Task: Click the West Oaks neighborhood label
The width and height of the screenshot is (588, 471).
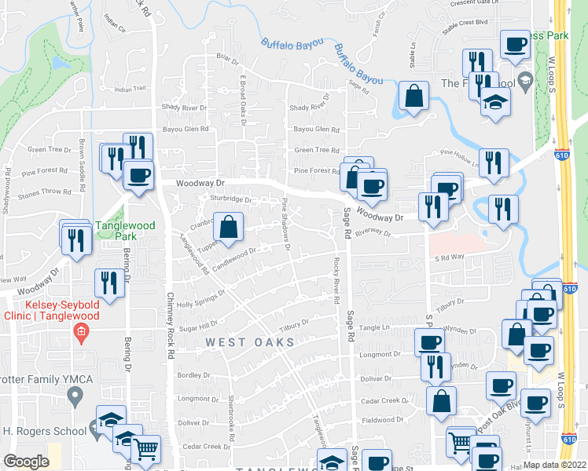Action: click(x=250, y=343)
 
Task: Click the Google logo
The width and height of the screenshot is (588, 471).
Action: click(x=26, y=462)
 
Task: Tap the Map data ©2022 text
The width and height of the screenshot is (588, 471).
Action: click(x=554, y=465)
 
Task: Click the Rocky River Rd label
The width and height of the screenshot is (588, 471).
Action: click(x=336, y=279)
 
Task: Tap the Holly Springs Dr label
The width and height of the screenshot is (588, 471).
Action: click(x=200, y=298)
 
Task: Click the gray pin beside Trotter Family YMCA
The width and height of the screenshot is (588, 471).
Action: click(x=75, y=398)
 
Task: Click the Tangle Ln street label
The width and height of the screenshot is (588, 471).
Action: click(x=375, y=327)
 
